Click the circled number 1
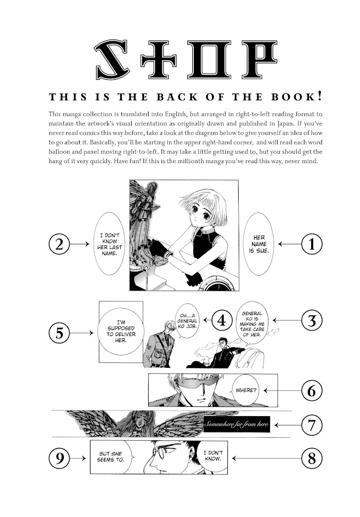(x=312, y=244)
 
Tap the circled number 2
(x=59, y=244)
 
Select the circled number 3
(x=312, y=320)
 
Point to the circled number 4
(x=222, y=320)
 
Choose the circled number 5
(x=59, y=333)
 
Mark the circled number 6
(x=312, y=391)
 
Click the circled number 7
(x=312, y=425)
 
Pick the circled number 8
(x=312, y=458)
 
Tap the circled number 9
(x=59, y=458)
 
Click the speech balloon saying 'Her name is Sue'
(x=259, y=244)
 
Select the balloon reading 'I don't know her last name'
(x=109, y=244)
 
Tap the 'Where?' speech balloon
(x=246, y=390)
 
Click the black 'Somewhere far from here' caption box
(x=237, y=424)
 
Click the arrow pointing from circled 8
(x=267, y=458)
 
